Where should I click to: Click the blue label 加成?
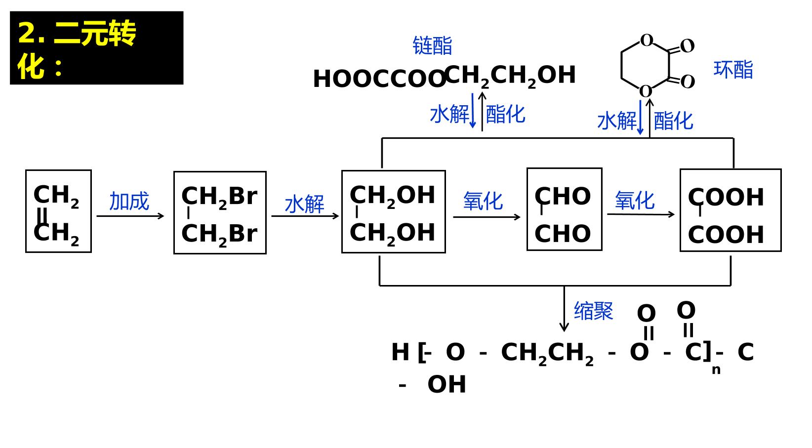point(129,201)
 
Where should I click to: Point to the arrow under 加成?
point(130,216)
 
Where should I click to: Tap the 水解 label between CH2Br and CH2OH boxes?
point(304,204)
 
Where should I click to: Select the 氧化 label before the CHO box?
point(483,201)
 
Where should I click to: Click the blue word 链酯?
point(433,45)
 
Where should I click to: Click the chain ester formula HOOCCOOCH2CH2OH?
point(445,77)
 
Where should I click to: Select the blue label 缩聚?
point(593,311)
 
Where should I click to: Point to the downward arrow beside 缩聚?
point(564,308)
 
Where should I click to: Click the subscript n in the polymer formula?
point(716,369)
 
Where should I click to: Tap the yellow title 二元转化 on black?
point(77,49)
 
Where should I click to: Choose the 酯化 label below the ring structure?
point(673,121)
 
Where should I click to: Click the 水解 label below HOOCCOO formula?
point(449,114)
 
